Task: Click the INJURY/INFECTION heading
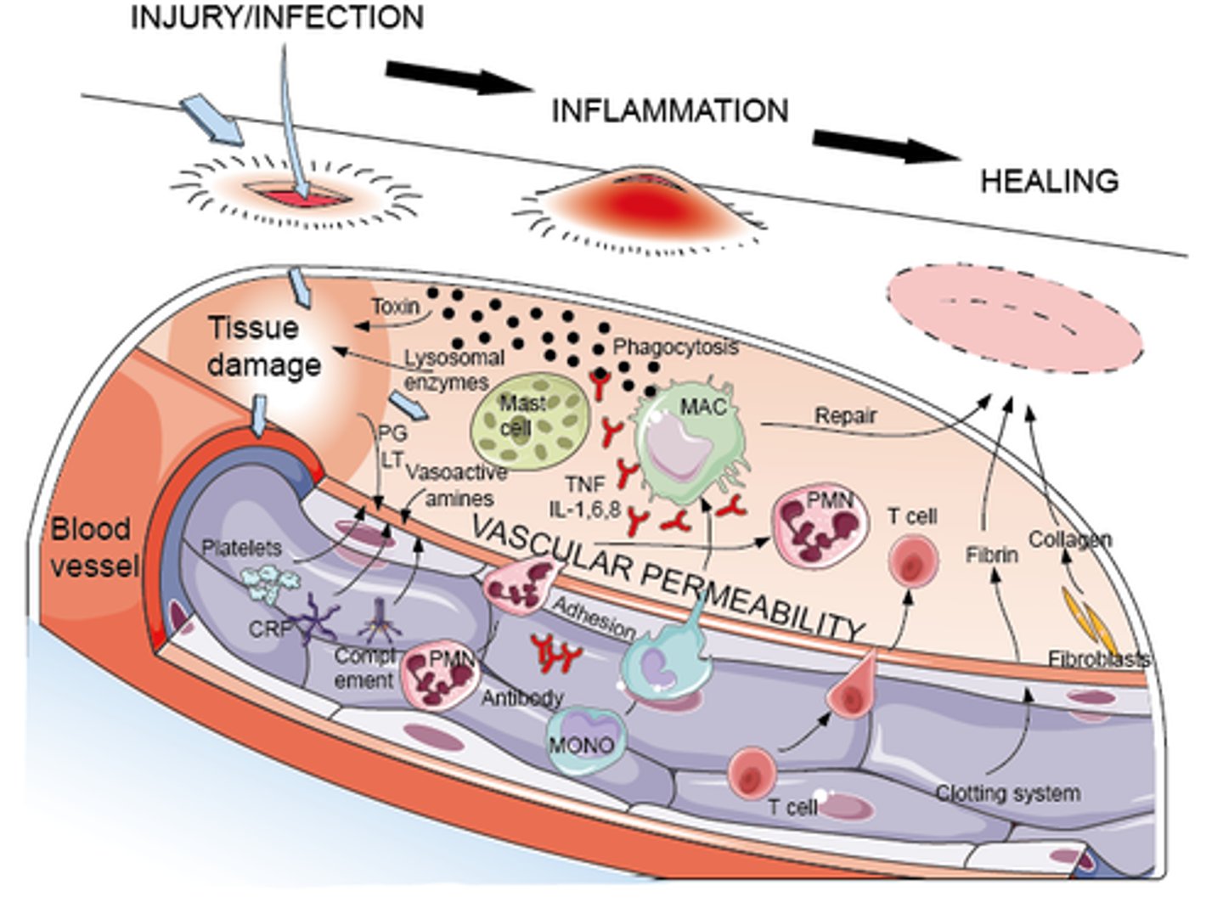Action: [x=277, y=18]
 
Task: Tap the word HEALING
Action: [x=1049, y=181]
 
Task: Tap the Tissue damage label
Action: [x=264, y=347]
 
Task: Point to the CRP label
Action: [x=270, y=630]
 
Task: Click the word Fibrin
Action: [x=991, y=555]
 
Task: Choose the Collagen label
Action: [x=1069, y=539]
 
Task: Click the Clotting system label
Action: [x=1007, y=793]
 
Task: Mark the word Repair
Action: [x=845, y=416]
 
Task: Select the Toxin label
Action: [x=395, y=307]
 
